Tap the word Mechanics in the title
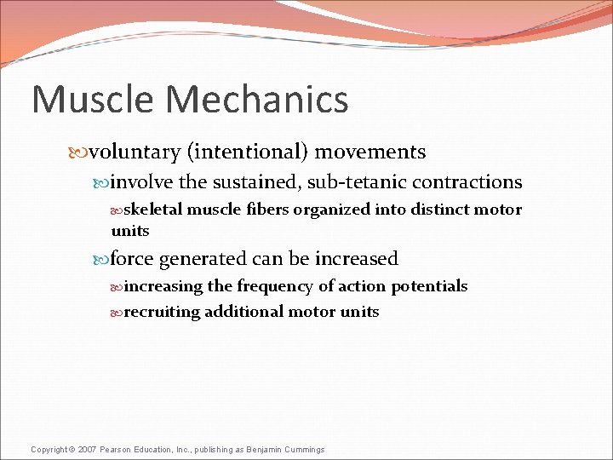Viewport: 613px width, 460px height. click(257, 99)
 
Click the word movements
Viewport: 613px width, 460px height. click(370, 152)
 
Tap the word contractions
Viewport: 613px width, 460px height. click(469, 182)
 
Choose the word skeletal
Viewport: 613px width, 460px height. click(153, 210)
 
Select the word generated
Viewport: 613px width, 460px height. click(209, 259)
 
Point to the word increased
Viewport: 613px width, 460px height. click(357, 259)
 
